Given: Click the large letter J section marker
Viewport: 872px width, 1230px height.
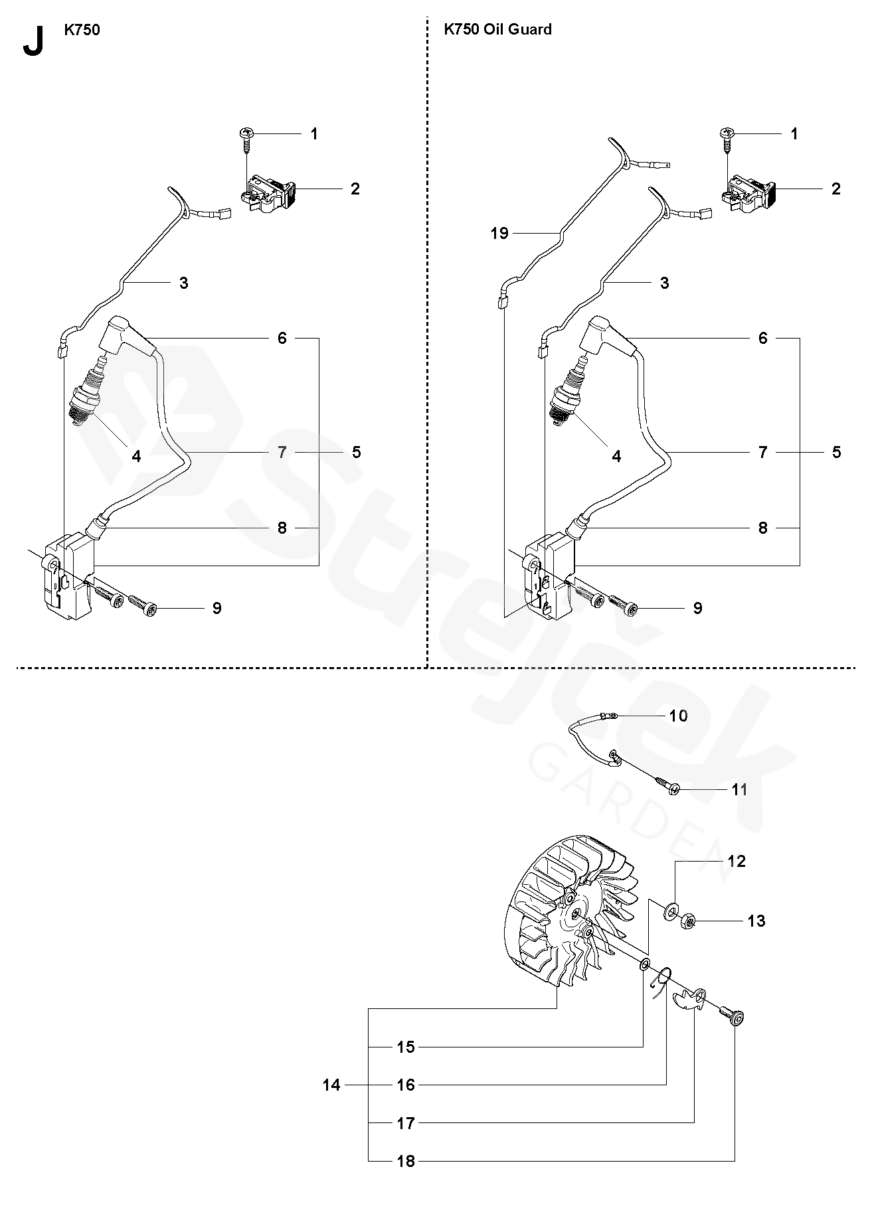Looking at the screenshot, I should [x=33, y=42].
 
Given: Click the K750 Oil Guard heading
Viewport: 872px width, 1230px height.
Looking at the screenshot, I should [x=497, y=29].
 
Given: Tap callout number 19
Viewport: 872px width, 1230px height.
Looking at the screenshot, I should [x=499, y=233].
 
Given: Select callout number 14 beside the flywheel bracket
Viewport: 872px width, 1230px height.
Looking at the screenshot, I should [x=331, y=1085].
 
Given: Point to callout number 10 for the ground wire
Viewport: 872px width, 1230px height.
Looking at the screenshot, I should [x=678, y=716].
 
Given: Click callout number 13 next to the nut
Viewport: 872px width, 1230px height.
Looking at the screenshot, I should [x=756, y=921].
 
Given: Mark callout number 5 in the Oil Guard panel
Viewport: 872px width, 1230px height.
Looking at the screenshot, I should [x=836, y=452].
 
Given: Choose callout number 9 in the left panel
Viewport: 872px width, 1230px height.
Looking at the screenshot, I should [x=217, y=608].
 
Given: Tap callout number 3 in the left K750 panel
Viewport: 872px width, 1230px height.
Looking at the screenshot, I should [x=183, y=283].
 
